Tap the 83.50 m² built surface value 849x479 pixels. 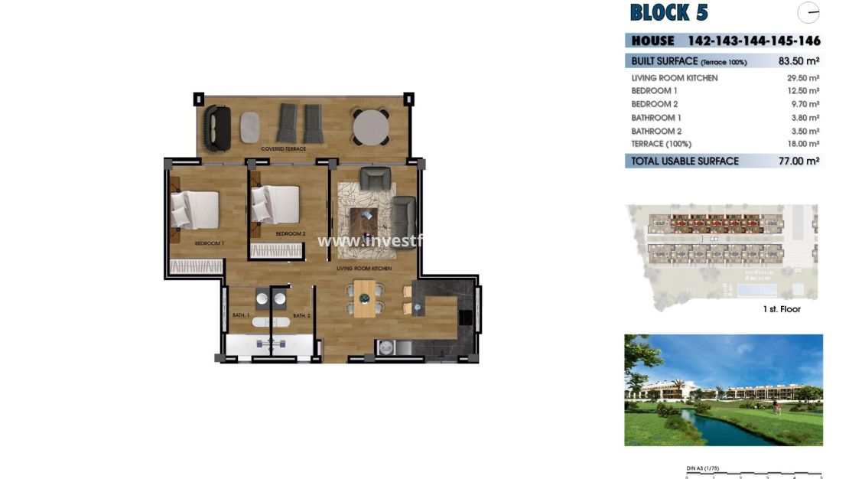click(x=799, y=61)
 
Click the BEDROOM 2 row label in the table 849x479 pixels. click(x=655, y=104)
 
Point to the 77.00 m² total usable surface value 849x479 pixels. click(x=799, y=161)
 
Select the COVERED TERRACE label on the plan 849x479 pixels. click(x=284, y=148)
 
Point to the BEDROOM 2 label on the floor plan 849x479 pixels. click(x=291, y=233)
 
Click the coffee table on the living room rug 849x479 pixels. click(x=364, y=220)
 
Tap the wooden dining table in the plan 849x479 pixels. click(x=365, y=298)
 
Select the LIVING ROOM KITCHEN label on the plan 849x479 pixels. click(x=364, y=269)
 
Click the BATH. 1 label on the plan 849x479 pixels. click(x=241, y=315)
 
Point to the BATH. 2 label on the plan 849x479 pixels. click(x=301, y=315)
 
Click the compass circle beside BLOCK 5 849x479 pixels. click(x=808, y=13)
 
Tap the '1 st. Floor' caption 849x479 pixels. click(x=782, y=309)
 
